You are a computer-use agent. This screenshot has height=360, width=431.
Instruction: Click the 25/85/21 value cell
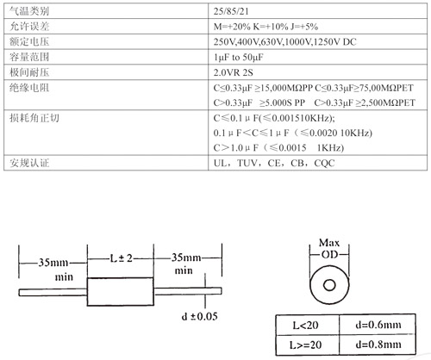(231, 11)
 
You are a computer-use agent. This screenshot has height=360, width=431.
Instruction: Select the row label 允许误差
(29, 27)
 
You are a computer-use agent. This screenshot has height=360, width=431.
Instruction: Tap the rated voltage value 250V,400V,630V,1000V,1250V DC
(284, 42)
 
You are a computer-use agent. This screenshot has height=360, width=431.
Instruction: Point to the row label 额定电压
(29, 41)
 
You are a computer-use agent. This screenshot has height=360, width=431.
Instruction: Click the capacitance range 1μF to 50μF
(238, 57)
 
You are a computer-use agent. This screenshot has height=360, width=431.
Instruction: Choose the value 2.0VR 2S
(233, 72)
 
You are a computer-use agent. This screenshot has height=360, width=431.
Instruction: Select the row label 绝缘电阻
(29, 88)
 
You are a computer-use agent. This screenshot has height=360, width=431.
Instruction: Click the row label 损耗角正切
(34, 118)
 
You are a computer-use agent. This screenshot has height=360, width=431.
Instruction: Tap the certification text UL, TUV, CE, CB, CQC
(274, 163)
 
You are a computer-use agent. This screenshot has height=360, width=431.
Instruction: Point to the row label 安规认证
(29, 163)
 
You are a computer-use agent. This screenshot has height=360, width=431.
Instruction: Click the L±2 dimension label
(121, 258)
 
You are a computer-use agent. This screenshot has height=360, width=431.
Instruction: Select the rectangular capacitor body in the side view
(120, 292)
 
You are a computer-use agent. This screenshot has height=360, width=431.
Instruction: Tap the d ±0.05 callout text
(199, 316)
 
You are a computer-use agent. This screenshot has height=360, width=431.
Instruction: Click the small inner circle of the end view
(329, 285)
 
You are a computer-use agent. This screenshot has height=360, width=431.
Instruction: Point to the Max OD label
(329, 248)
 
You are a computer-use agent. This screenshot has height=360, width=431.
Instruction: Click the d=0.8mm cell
(378, 344)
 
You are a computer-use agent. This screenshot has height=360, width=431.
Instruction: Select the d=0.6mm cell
(378, 325)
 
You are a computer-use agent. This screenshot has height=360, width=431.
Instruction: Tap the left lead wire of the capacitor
(53, 293)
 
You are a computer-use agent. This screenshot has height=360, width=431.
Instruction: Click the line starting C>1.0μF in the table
(278, 148)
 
